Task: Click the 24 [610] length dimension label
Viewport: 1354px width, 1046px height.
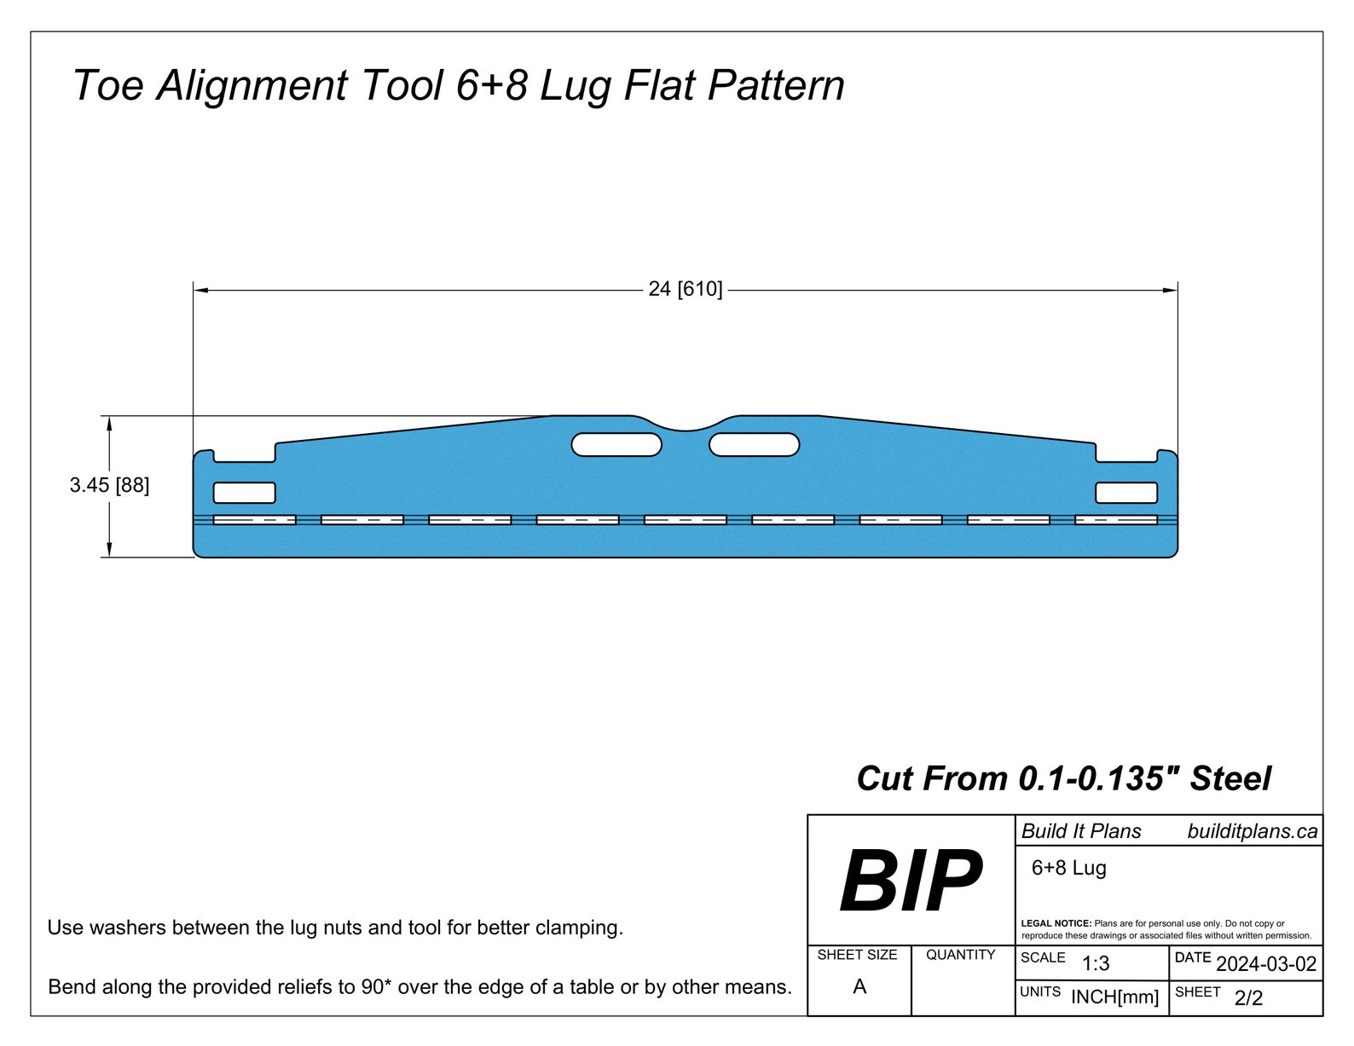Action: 685,289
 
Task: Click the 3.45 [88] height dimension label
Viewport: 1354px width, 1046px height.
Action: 109,485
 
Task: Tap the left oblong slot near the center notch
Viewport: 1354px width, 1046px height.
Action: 616,444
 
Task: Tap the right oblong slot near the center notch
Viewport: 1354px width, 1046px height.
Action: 754,444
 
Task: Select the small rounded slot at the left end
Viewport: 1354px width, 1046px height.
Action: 244,493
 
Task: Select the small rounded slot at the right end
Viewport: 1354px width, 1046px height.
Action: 1125,493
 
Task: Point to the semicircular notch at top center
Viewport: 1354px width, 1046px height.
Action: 686,424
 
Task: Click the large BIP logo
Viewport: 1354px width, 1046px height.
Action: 910,881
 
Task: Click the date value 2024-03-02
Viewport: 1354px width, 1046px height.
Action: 1265,964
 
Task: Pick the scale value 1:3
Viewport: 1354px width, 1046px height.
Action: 1095,964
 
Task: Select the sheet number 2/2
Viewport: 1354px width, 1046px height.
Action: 1248,998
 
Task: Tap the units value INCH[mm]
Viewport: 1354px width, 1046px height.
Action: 1114,997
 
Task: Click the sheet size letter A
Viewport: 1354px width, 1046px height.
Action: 859,986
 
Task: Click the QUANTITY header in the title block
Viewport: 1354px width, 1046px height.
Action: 960,955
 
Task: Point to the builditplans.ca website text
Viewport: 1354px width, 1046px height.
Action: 1252,831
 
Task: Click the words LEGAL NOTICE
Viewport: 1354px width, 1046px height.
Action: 1056,923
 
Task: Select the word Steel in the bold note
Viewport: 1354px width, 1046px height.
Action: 1230,778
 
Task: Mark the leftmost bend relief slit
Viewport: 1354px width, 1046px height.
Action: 254,519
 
